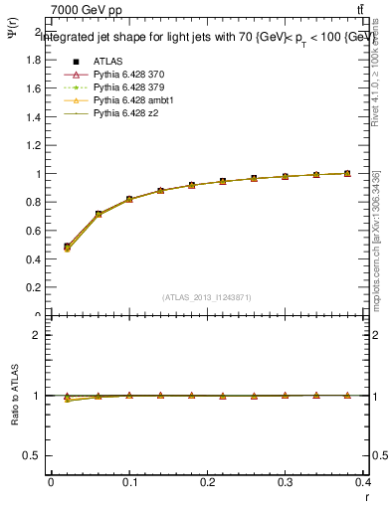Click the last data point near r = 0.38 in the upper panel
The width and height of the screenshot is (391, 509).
pyautogui.click(x=347, y=173)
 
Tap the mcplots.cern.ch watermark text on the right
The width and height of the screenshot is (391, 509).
pyautogui.click(x=379, y=239)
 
